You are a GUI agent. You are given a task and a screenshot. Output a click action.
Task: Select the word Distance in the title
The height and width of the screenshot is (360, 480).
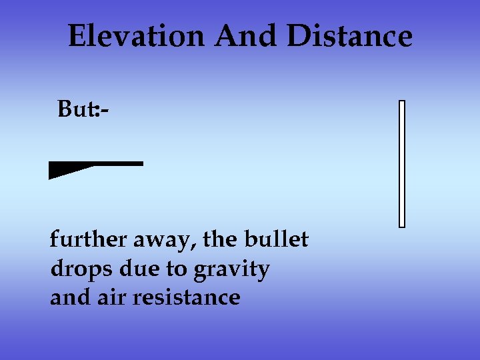(x=349, y=37)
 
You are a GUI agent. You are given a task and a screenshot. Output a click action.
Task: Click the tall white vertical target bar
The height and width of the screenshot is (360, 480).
(x=402, y=163)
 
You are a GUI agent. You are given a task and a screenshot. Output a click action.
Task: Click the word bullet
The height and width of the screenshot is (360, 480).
(x=276, y=239)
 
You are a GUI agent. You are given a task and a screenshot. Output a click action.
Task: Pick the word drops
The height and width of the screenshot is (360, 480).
(x=76, y=269)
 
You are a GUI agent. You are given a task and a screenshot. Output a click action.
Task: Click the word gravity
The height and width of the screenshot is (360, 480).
(x=231, y=270)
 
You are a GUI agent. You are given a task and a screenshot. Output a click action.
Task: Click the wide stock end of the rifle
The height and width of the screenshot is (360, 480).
(x=57, y=172)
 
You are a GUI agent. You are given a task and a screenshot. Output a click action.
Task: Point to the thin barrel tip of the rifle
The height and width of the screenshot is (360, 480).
(x=137, y=163)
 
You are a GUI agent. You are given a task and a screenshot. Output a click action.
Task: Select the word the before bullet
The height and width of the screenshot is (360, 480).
(x=221, y=239)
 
